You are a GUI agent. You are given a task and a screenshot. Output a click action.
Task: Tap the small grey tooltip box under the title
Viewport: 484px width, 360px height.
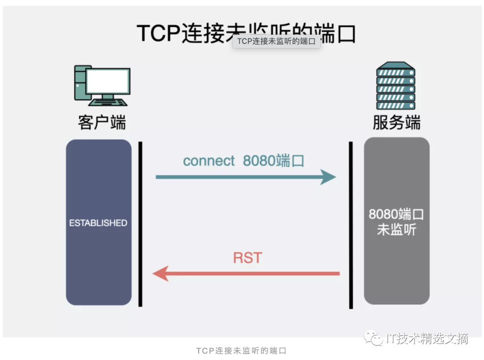276,42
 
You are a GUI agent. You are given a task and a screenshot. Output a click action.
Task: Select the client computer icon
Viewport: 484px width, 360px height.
102,86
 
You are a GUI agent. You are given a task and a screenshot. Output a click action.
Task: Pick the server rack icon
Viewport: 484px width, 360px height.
395,86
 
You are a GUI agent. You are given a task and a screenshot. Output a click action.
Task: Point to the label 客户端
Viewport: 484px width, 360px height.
102,122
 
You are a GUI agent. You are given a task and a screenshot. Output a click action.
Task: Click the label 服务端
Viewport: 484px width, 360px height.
397,122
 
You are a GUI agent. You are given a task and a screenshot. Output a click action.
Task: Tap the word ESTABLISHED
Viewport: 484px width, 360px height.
98,223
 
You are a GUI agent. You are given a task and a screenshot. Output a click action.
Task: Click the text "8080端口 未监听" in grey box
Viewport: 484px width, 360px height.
397,222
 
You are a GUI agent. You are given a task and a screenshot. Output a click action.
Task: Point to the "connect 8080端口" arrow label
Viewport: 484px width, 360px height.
243,161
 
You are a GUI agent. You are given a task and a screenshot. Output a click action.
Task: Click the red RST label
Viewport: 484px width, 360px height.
247,258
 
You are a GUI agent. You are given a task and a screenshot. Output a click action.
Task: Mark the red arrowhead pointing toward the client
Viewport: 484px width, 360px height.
160,273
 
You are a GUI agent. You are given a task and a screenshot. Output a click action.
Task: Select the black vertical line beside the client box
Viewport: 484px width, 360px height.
140,224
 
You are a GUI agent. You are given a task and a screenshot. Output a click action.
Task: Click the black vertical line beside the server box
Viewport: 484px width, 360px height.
351,224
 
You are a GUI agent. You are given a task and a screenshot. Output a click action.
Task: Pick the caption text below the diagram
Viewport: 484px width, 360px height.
241,351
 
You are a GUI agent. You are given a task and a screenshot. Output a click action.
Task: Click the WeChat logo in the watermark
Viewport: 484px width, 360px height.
373,338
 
